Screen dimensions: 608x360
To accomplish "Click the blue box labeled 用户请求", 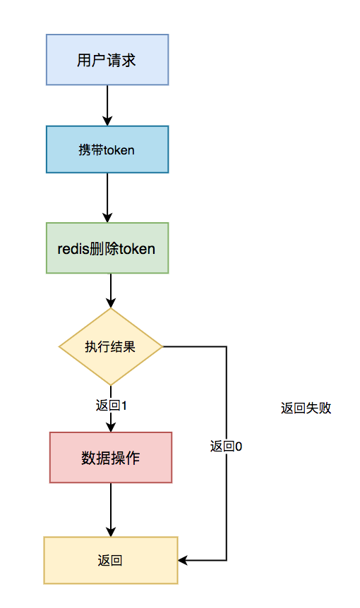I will (x=107, y=60).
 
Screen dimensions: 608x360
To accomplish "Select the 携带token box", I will (x=107, y=150).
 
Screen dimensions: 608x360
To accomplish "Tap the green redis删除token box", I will (x=107, y=248).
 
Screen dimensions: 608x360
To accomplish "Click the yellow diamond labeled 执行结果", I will (x=111, y=347).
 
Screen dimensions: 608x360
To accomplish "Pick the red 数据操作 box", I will (x=111, y=458).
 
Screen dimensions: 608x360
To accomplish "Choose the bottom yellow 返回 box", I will (x=111, y=560).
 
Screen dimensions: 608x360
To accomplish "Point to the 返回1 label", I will (x=111, y=406).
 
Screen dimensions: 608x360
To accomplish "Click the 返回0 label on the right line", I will (x=227, y=446).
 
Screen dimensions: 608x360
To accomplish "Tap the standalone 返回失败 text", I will (x=306, y=408).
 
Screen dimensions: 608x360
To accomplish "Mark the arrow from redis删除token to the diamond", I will (x=111, y=290).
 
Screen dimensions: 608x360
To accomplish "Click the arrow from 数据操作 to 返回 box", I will (x=111, y=509).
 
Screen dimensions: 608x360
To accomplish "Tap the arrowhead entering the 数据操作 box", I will (x=111, y=427).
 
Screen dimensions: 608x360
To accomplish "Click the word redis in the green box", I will (x=73, y=248).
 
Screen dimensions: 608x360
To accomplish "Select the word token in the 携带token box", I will (x=119, y=150).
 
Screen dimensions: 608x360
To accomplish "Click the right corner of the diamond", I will (x=162, y=347).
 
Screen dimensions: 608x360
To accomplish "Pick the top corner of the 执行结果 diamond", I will (x=111, y=309).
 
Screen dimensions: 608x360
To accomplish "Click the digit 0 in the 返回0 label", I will (x=239, y=446).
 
